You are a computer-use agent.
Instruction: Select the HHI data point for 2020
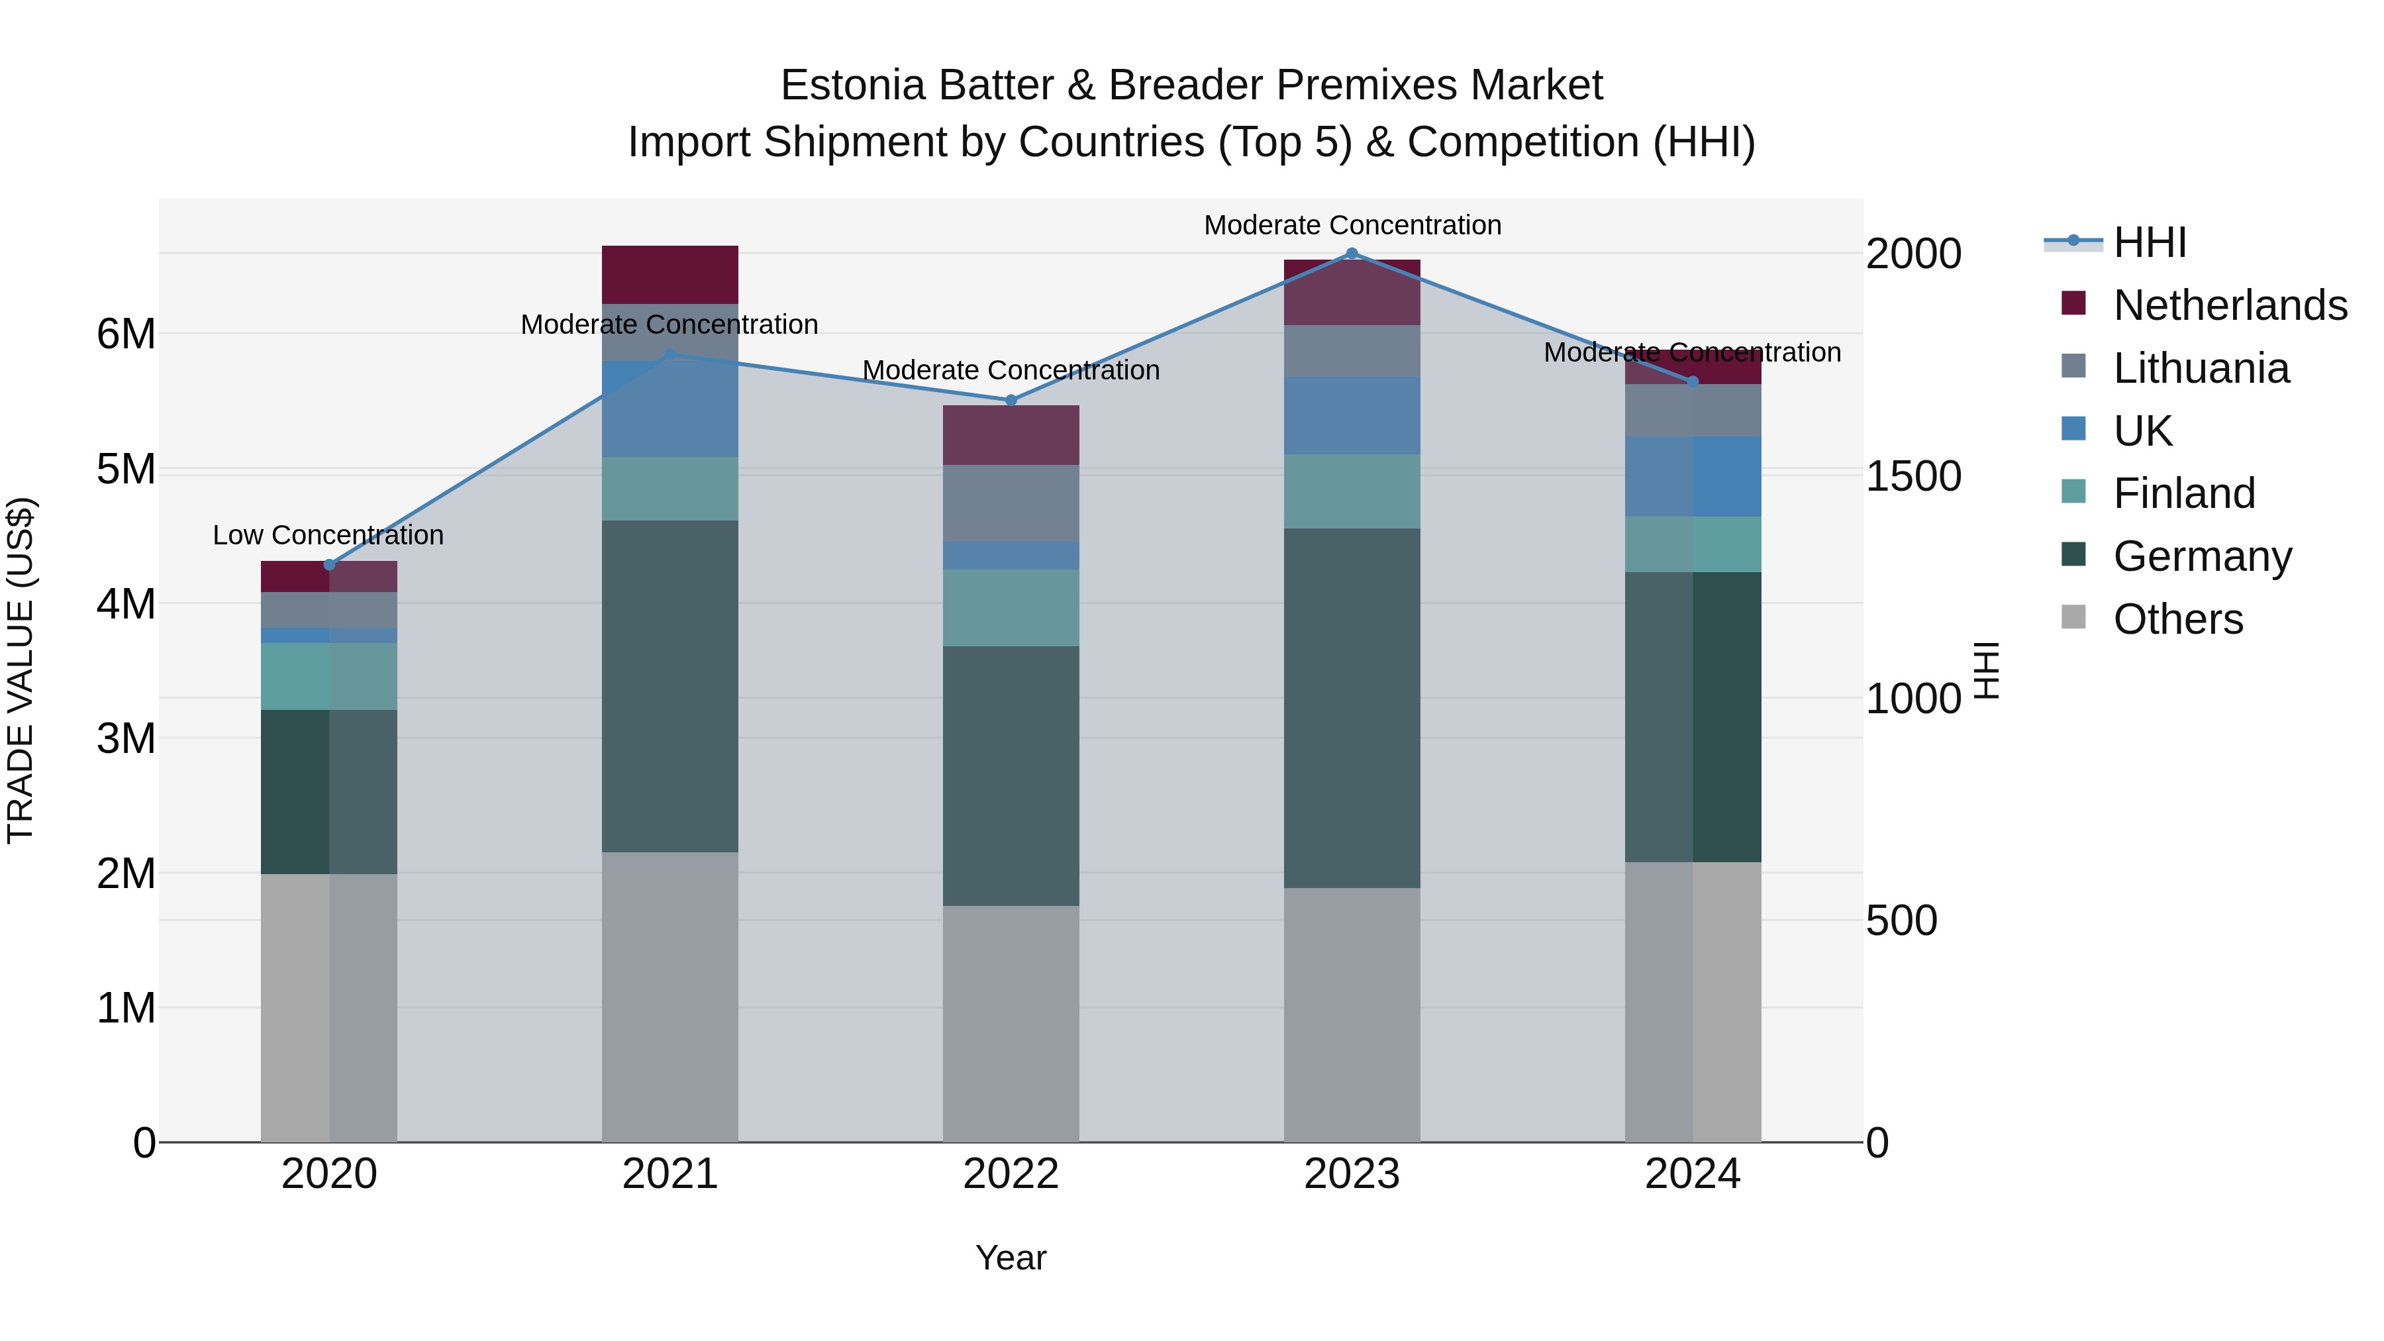[330, 564]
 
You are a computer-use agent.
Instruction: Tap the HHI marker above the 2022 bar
[1011, 401]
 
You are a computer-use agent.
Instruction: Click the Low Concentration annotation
[328, 535]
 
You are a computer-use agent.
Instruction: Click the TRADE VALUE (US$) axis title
[21, 670]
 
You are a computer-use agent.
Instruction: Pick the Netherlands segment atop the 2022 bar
[1011, 435]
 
